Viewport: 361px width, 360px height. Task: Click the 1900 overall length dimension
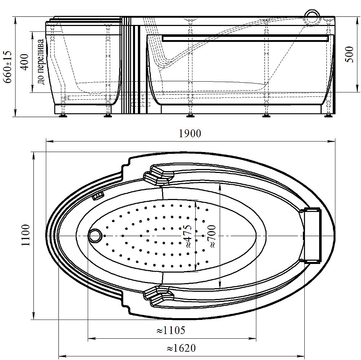pyautogui.click(x=190, y=134)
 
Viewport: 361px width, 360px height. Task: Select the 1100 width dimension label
pyautogui.click(x=26, y=235)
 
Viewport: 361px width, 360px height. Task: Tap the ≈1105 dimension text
pyautogui.click(x=171, y=330)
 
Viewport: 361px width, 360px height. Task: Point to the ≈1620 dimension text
pyautogui.click(x=181, y=348)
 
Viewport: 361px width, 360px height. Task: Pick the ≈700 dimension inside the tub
pyautogui.click(x=212, y=236)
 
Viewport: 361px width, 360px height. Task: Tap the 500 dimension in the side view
pyautogui.click(x=349, y=55)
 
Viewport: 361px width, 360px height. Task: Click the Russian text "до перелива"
pyautogui.click(x=40, y=62)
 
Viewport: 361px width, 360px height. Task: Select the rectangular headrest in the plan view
pyautogui.click(x=312, y=235)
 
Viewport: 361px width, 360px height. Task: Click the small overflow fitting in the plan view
pyautogui.click(x=98, y=196)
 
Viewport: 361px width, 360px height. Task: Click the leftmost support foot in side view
pyautogui.click(x=62, y=116)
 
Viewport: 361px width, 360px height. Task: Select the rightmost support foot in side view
pyautogui.click(x=329, y=116)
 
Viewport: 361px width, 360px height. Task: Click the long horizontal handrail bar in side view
pyautogui.click(x=245, y=38)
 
